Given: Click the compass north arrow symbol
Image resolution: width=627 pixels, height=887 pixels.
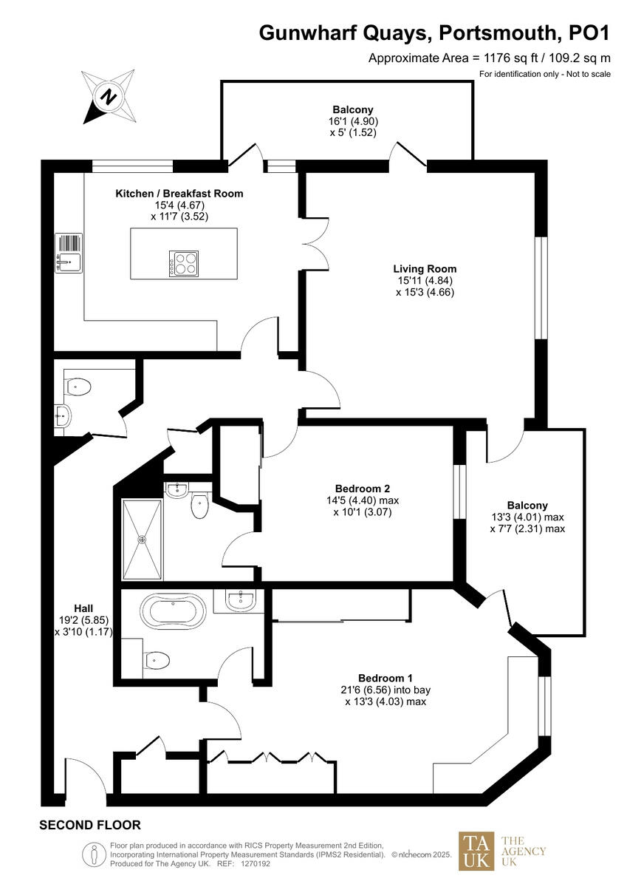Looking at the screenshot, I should pyautogui.click(x=109, y=97).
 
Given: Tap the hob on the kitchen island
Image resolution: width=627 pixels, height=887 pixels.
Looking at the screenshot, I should pyautogui.click(x=185, y=263).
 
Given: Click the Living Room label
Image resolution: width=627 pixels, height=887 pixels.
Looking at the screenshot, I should pyautogui.click(x=425, y=268).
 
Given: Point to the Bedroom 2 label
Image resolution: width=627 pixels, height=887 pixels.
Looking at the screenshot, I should pyautogui.click(x=362, y=489).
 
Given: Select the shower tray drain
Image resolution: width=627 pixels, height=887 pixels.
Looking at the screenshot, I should pyautogui.click(x=142, y=539).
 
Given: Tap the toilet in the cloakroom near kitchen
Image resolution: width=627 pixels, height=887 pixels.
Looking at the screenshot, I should pyautogui.click(x=78, y=386).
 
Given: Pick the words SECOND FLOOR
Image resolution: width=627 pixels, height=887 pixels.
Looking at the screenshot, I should pyautogui.click(x=89, y=825).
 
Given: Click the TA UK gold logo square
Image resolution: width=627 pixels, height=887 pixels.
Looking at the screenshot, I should pyautogui.click(x=477, y=851).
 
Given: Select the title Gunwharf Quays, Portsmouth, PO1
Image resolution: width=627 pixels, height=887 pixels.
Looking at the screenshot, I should pyautogui.click(x=434, y=33).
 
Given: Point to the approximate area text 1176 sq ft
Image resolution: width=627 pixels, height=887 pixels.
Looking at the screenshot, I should pyautogui.click(x=490, y=58).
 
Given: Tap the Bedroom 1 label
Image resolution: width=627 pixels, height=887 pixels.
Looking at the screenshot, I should pyautogui.click(x=385, y=678).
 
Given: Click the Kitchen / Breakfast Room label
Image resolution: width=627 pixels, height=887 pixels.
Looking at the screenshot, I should pyautogui.click(x=179, y=194).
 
